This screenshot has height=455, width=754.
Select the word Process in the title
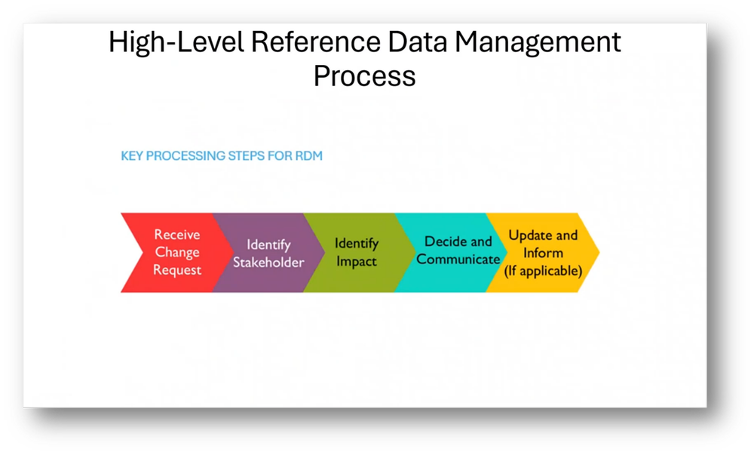pos(365,76)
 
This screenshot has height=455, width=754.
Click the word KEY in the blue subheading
pos(133,156)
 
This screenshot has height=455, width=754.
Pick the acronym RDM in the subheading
pos(310,156)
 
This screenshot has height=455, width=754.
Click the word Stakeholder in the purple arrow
pos(268,262)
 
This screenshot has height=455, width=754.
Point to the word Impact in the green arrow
pos(357,262)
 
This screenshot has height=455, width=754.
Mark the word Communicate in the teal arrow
pos(458,260)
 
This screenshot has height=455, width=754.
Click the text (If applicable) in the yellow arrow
pos(543,269)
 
